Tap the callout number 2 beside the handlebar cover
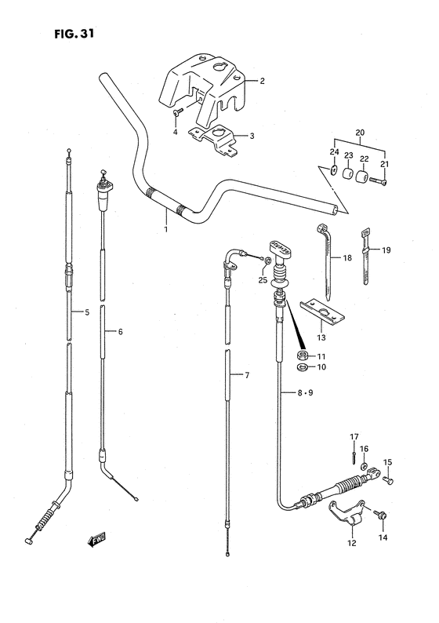click(262, 81)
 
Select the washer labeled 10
click(303, 367)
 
